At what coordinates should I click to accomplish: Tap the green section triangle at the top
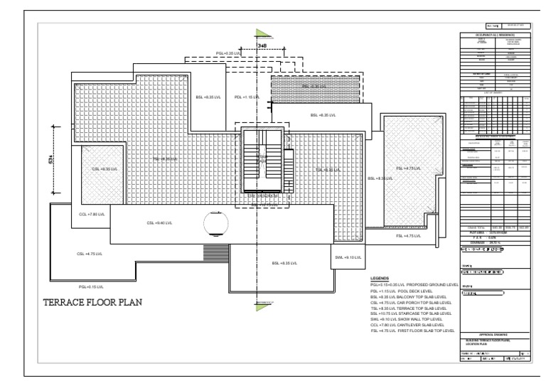262,33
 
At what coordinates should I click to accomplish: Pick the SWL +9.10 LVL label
349,257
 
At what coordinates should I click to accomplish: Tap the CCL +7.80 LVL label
91,214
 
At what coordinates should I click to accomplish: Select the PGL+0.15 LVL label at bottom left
91,286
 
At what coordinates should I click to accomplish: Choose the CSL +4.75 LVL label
90,254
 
